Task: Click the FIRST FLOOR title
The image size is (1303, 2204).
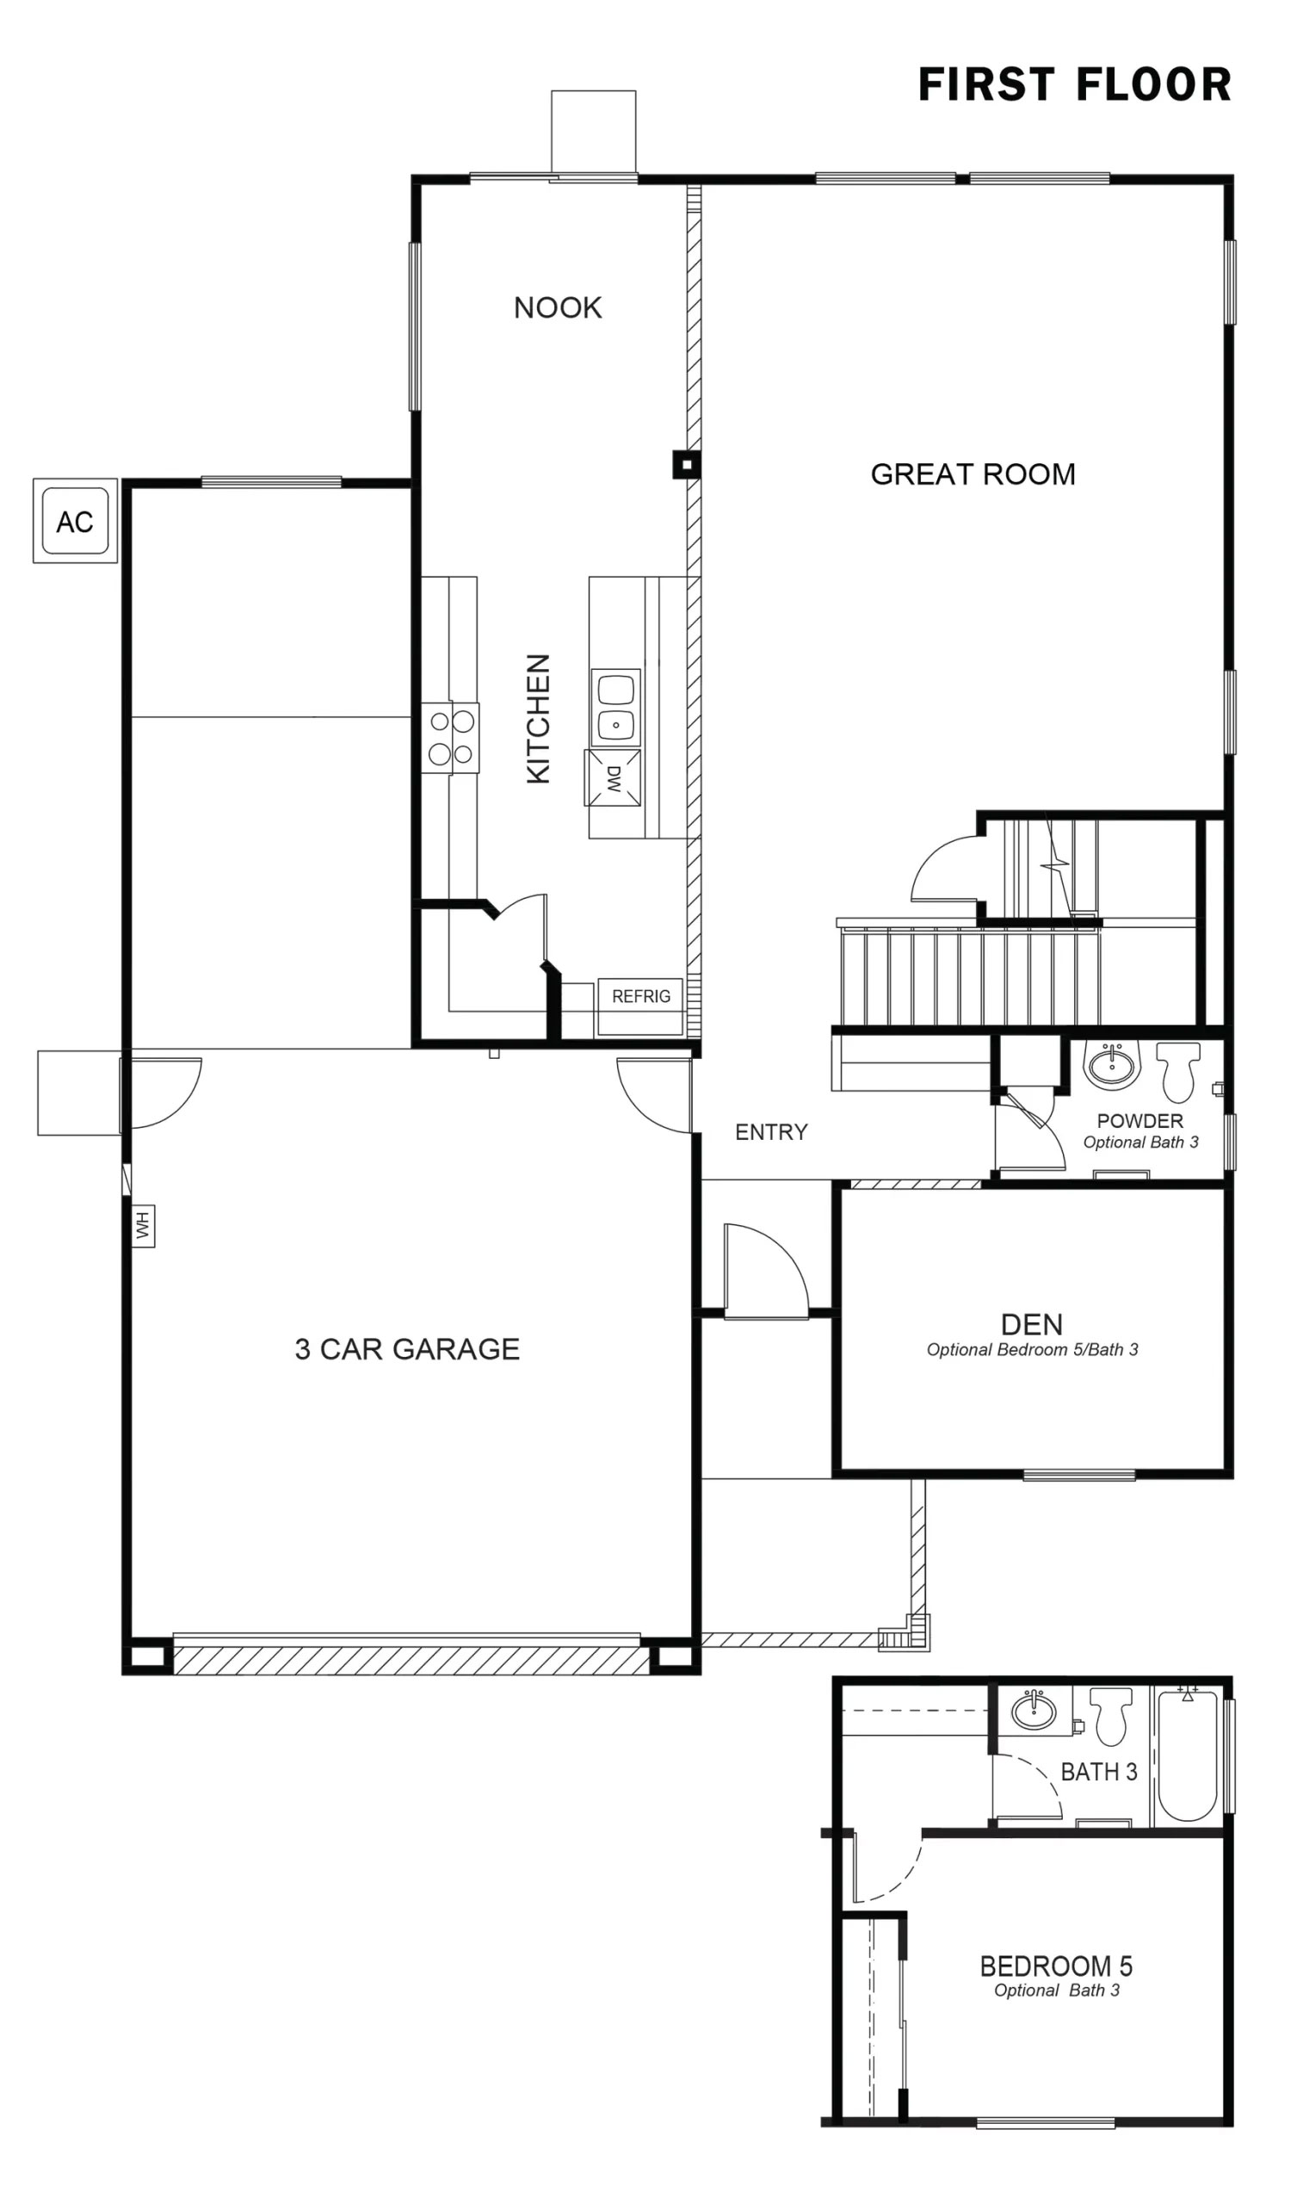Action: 1074,85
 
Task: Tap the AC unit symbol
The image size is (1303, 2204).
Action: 75,522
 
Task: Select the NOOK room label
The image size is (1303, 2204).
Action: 558,308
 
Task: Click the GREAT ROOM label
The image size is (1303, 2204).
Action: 972,474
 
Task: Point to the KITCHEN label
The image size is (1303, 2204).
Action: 538,717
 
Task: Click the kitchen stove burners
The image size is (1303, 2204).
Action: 450,738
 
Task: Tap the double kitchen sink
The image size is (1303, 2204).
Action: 615,707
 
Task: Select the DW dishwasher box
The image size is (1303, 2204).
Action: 613,778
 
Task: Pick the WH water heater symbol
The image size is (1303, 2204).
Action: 143,1225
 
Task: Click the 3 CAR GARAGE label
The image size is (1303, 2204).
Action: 406,1349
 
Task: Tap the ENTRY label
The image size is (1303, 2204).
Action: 771,1132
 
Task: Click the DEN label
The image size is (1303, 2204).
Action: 1032,1323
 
